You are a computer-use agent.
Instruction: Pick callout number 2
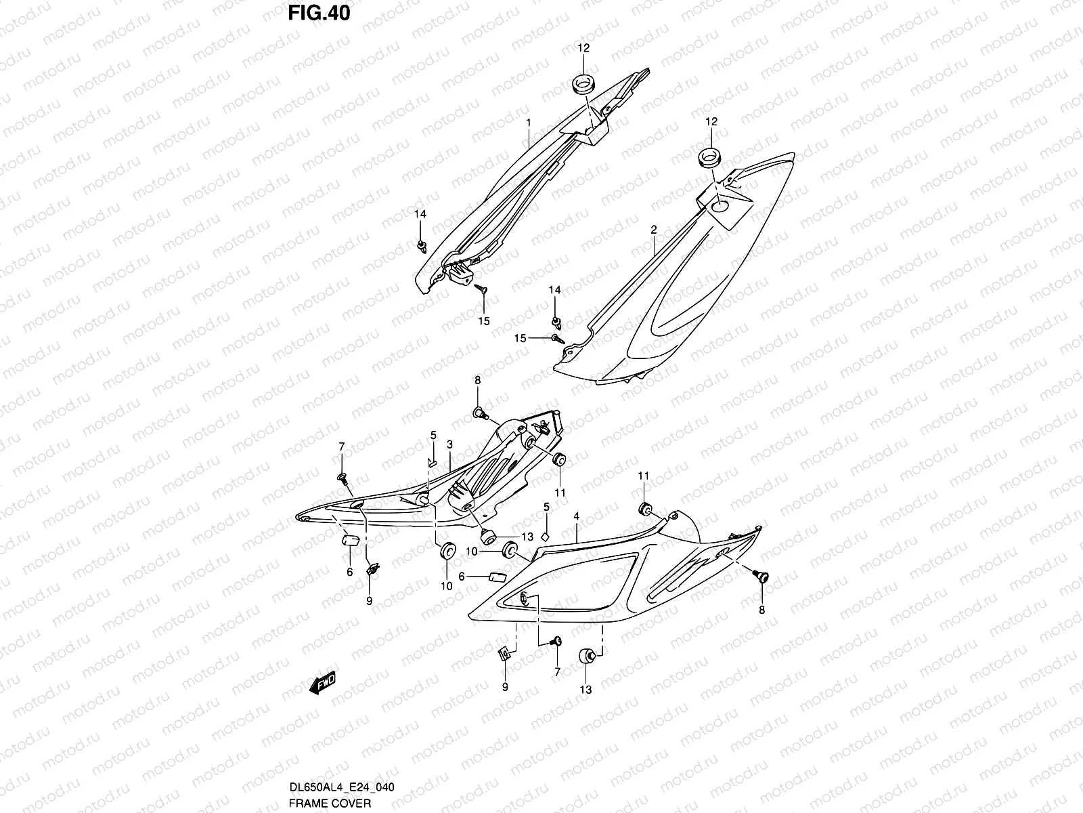pos(653,230)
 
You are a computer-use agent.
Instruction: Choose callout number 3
pos(449,444)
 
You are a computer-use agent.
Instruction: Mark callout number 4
pos(576,517)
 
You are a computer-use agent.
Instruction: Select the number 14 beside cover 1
pos(420,214)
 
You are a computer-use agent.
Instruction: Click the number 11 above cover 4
pos(643,476)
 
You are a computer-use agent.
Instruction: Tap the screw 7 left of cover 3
pos(342,479)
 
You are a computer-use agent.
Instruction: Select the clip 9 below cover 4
pos(504,653)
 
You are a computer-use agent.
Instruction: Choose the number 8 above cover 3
pos(477,381)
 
